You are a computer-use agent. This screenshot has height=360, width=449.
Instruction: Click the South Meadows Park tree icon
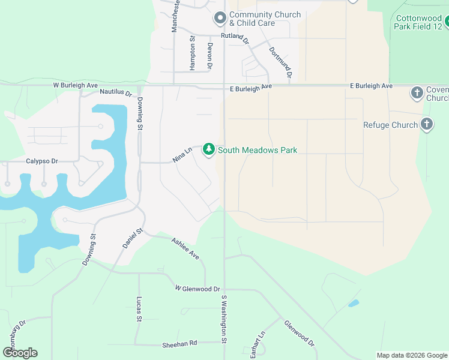[x=208, y=149]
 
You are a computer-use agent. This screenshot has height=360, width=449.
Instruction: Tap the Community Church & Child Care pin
[x=220, y=19]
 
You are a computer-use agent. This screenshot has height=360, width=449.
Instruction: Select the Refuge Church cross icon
[x=426, y=125]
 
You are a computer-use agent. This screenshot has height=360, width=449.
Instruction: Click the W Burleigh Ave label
[x=75, y=85]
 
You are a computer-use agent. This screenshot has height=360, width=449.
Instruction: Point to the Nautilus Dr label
[x=116, y=92]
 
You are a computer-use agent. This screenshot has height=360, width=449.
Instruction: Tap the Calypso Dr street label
[x=41, y=161]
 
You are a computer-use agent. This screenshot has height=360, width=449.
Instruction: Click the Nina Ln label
[x=182, y=155]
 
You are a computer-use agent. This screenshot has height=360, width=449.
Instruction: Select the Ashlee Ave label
[x=185, y=248]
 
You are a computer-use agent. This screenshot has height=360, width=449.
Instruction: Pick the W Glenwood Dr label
[x=197, y=289]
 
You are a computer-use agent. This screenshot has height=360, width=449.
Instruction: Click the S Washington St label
[x=223, y=319]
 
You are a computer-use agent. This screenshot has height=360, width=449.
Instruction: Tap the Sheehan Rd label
[x=179, y=344]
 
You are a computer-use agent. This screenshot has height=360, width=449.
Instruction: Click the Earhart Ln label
[x=257, y=344]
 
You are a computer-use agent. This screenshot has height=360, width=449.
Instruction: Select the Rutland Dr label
[x=235, y=37]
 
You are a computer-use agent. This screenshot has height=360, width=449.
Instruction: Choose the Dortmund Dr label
[x=280, y=64]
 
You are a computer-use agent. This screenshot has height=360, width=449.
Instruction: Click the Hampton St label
[x=192, y=53]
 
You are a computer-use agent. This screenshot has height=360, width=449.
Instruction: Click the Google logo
[x=20, y=353]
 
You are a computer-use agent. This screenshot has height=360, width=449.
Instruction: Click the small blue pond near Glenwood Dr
[x=354, y=304]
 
